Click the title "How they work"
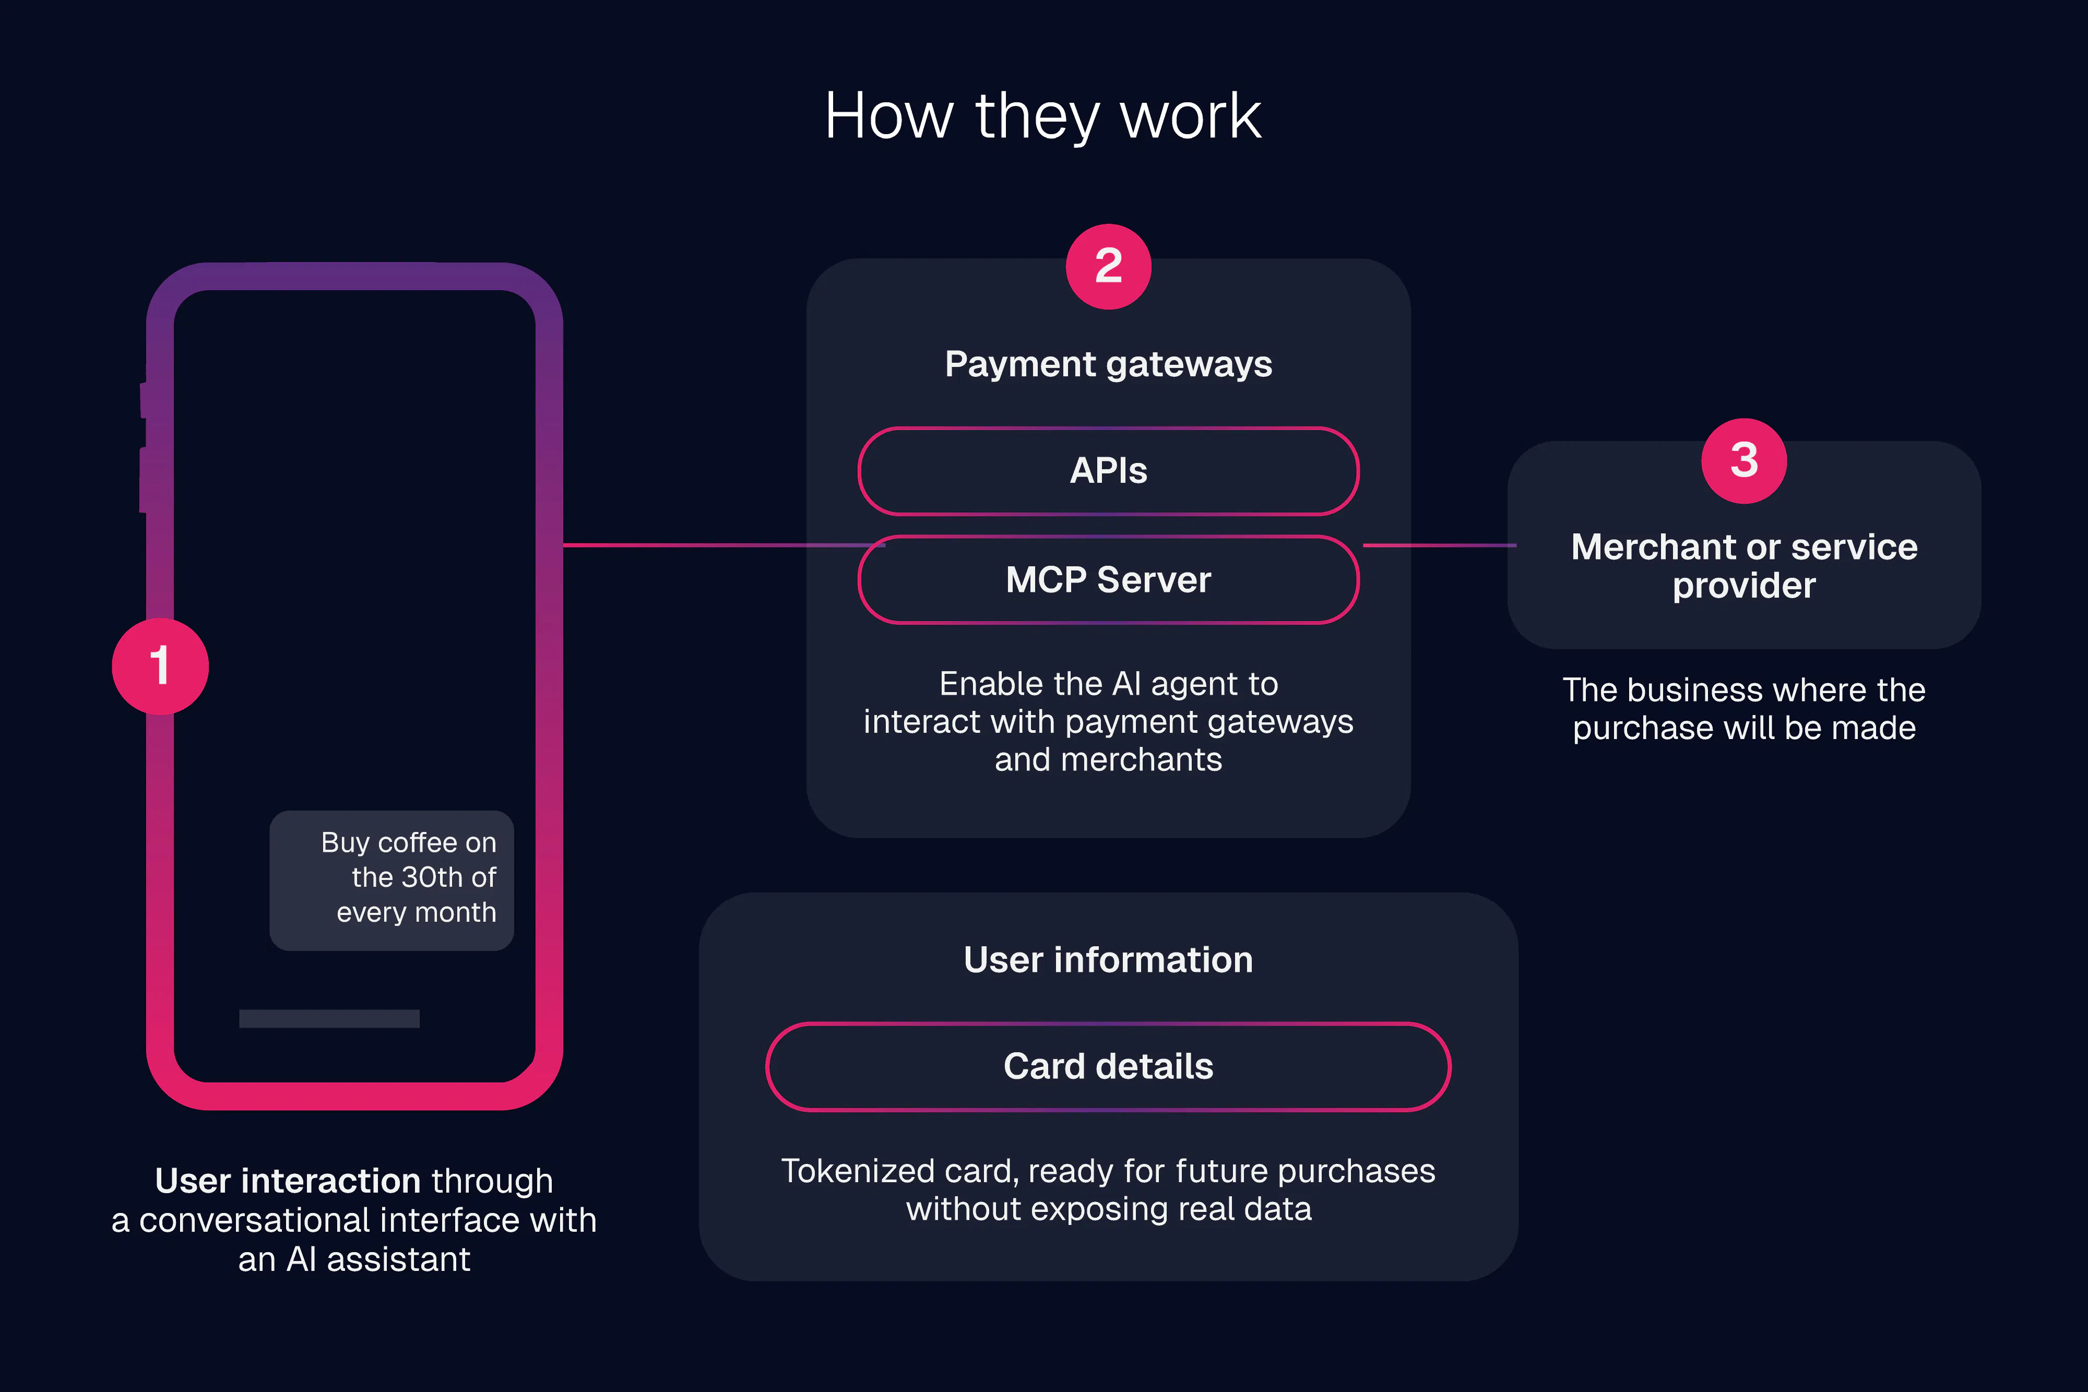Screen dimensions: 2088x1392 pyautogui.click(x=1043, y=116)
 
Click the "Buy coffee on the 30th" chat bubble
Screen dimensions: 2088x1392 pyautogui.click(x=391, y=881)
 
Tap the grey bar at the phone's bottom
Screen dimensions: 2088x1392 pyautogui.click(x=329, y=1018)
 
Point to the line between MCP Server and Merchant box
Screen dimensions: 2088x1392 pyautogui.click(x=1439, y=545)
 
